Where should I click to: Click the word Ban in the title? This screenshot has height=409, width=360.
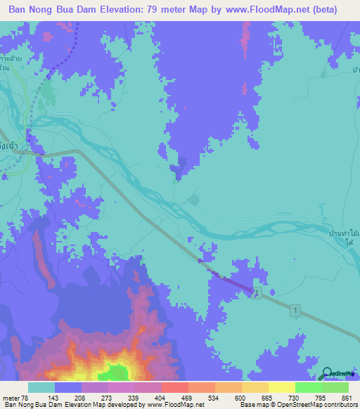[20, 10]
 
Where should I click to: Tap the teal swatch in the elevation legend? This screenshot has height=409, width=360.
[41, 388]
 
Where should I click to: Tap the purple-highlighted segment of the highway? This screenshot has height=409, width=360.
[226, 274]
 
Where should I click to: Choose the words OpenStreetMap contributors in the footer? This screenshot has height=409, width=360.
[321, 404]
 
